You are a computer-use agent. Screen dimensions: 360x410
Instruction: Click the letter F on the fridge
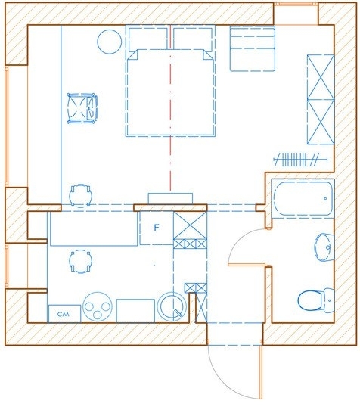(157, 228)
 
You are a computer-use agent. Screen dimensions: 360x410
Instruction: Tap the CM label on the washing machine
(63, 314)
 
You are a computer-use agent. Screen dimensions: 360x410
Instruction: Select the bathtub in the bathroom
(303, 198)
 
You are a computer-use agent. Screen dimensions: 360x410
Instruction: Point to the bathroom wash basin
(324, 247)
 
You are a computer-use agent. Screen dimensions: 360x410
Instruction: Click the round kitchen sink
(172, 306)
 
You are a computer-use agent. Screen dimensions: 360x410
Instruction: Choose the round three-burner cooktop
(98, 306)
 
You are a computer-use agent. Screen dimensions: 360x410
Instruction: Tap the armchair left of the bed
(82, 108)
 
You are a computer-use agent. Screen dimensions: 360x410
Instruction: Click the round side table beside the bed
(109, 42)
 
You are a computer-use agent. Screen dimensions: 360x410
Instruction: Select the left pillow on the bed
(148, 39)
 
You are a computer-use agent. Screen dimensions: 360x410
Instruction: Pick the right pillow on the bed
(193, 39)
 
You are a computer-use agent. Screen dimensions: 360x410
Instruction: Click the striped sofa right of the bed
(253, 48)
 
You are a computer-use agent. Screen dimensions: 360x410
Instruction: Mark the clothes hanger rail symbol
(300, 160)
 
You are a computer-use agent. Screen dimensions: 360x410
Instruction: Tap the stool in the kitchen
(80, 262)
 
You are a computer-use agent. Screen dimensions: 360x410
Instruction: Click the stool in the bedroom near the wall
(80, 196)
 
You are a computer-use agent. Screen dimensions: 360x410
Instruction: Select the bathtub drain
(325, 199)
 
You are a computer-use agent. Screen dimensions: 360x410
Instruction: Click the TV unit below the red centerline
(170, 198)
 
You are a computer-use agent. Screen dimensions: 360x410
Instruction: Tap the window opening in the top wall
(296, 14)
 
